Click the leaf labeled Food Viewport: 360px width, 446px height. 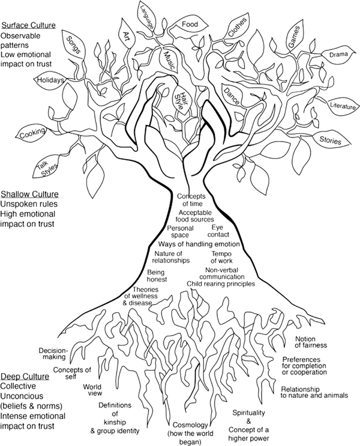pyautogui.click(x=190, y=25)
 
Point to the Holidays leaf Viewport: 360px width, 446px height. pyautogui.click(x=52, y=80)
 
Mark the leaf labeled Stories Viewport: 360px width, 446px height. pyautogui.click(x=330, y=142)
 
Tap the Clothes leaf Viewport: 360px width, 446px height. pyautogui.click(x=239, y=28)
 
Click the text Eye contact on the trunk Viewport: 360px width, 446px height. pyautogui.click(x=220, y=231)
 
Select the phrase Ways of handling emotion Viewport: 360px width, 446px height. pyautogui.click(x=199, y=244)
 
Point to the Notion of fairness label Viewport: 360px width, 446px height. pyautogui.click(x=317, y=342)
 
